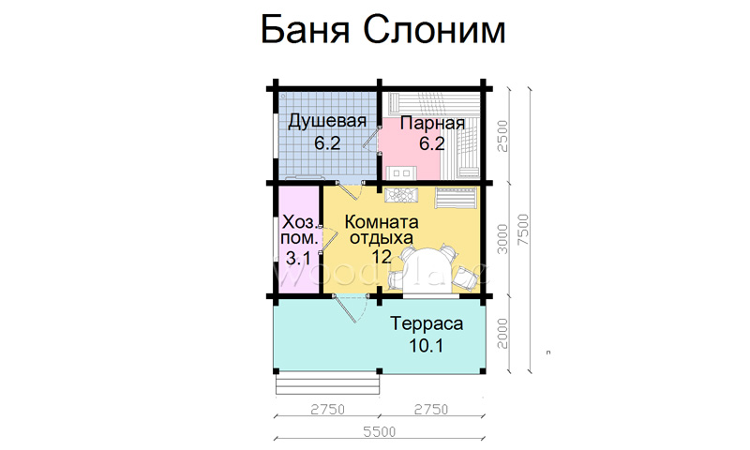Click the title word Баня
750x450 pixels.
tap(305, 30)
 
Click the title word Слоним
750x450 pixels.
tap(434, 30)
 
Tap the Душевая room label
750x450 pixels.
tap(327, 122)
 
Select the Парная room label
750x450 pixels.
tap(432, 124)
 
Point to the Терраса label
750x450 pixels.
tap(427, 323)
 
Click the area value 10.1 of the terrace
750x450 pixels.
tap(427, 345)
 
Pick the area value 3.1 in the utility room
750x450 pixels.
tap(298, 258)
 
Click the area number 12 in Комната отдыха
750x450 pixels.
tap(382, 256)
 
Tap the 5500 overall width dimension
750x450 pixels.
tap(380, 432)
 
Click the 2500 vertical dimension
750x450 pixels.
tap(502, 136)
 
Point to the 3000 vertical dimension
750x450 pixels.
tap(502, 239)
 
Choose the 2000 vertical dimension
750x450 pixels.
tap(502, 334)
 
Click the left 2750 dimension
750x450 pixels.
tap(327, 410)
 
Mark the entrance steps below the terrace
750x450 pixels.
tap(327, 384)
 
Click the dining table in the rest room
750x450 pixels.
tap(427, 271)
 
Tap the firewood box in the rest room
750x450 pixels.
tap(401, 195)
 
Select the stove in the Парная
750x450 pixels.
tap(401, 172)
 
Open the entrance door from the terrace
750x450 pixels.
tap(350, 308)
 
